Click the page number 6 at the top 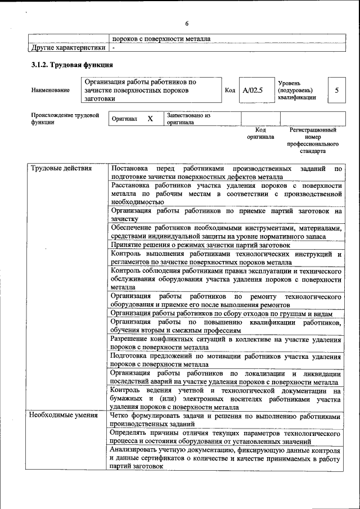(x=187, y=23)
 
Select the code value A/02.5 (x=253, y=90)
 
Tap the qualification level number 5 (x=336, y=90)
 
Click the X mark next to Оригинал (x=150, y=119)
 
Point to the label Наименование (x=51, y=90)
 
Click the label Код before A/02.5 (x=229, y=90)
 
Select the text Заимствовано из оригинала (x=188, y=119)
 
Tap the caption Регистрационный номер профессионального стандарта (x=313, y=141)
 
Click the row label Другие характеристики (x=67, y=48)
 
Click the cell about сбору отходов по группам (x=222, y=313)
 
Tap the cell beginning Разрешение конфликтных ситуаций (x=226, y=344)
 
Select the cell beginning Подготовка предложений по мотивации (x=226, y=361)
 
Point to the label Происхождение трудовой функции (x=62, y=119)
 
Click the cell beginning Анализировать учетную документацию (x=226, y=459)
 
